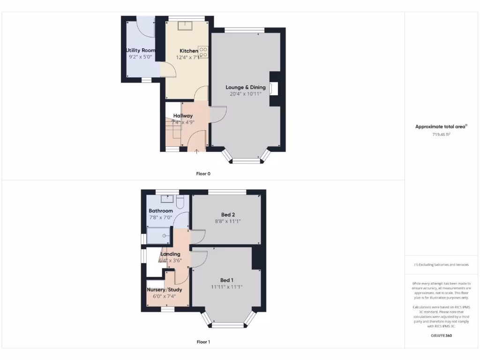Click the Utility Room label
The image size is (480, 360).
click(x=141, y=50)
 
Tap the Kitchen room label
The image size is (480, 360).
click(x=189, y=51)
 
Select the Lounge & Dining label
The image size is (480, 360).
click(x=246, y=87)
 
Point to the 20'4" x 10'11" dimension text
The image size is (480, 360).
click(x=246, y=94)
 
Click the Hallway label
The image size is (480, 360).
click(x=183, y=116)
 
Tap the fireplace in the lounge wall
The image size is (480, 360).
click(x=274, y=89)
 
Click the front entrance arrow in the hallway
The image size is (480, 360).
click(x=196, y=150)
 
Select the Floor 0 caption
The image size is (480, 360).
click(x=203, y=173)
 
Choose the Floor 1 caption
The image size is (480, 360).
click(x=203, y=342)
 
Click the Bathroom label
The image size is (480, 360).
click(x=161, y=211)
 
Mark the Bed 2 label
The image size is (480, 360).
click(x=228, y=215)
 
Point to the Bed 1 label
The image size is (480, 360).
click(x=227, y=280)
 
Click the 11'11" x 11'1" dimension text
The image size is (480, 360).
click(x=227, y=287)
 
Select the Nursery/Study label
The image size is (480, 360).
click(x=165, y=290)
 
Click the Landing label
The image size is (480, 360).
click(x=170, y=254)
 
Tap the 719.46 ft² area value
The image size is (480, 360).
click(x=441, y=135)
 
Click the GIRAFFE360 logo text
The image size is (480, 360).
click(x=441, y=335)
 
